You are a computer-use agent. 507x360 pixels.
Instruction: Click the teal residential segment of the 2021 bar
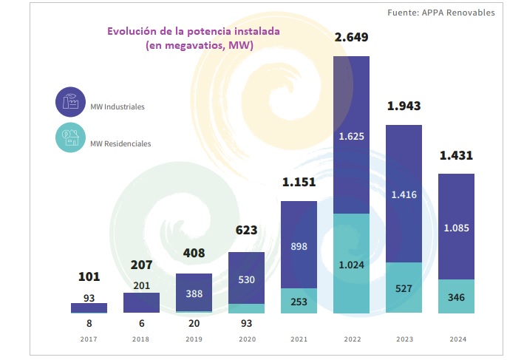tap(299, 302)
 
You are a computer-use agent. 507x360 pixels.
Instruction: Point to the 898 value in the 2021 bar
tap(299, 246)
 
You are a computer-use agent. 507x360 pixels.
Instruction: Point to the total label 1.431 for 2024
tap(456, 156)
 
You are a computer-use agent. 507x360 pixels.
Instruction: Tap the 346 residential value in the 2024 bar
tap(456, 297)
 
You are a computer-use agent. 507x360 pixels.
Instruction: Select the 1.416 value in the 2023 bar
tap(404, 194)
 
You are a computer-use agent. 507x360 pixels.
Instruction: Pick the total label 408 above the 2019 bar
tap(194, 253)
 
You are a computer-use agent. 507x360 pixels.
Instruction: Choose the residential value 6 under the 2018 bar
tap(141, 323)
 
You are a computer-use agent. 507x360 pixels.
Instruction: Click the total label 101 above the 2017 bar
tap(89, 277)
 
